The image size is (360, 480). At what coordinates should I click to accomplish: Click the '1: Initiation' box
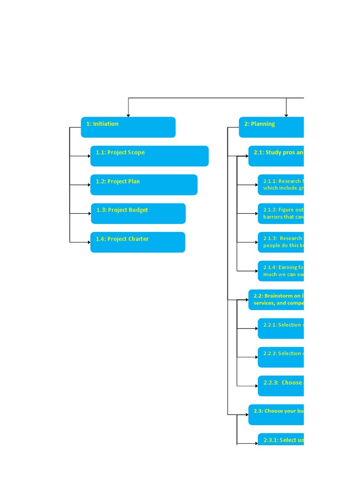(128, 127)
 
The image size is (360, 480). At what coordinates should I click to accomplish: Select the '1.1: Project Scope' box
(149, 156)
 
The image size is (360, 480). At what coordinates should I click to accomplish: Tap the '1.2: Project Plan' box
(143, 185)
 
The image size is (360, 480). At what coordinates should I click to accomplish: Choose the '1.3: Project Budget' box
(138, 213)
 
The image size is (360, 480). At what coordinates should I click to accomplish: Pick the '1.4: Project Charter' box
(137, 242)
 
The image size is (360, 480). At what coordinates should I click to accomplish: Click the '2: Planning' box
(271, 127)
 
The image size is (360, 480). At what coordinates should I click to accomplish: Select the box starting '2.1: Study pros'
(276, 156)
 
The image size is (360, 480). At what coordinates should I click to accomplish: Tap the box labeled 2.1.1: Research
(280, 185)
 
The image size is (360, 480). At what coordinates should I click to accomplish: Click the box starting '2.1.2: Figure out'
(280, 213)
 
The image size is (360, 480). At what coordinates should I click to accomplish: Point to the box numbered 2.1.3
(280, 242)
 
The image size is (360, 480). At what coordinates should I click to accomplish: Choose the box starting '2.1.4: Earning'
(280, 270)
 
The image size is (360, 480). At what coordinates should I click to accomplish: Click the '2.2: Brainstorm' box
(276, 300)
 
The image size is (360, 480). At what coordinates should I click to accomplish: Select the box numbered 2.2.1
(280, 328)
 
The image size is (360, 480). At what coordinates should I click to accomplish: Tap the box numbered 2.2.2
(280, 357)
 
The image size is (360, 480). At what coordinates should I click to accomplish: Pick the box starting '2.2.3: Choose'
(280, 386)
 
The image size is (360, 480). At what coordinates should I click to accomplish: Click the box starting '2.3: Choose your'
(276, 414)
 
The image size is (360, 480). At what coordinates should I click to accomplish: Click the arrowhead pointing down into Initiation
(128, 115)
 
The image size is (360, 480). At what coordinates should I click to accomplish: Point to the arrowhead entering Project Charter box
(89, 242)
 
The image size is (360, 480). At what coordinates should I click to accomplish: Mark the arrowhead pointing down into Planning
(286, 115)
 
